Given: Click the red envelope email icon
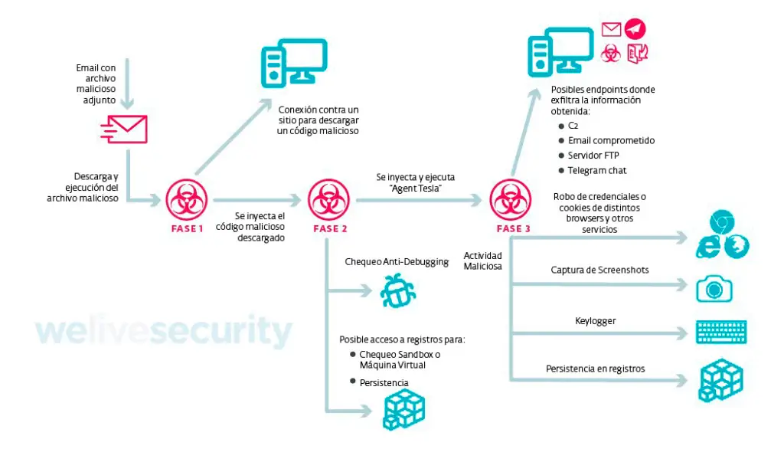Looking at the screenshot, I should click(124, 129).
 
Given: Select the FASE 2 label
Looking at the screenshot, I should click(329, 228).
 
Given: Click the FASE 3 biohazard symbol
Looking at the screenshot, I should click(511, 200).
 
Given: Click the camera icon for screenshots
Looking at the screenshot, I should click(714, 288).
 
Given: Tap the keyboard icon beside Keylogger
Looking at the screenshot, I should click(721, 333).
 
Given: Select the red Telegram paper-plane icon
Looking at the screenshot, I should click(635, 29).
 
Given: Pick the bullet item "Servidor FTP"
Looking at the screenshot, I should click(593, 156).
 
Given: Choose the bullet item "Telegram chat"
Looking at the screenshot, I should click(596, 170).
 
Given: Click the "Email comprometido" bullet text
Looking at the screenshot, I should click(611, 140).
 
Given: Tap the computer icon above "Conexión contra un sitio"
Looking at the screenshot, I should click(294, 61).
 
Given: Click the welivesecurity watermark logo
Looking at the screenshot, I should click(164, 331).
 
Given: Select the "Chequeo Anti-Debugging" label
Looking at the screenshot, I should click(397, 262).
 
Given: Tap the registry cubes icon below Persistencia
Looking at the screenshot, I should click(403, 410).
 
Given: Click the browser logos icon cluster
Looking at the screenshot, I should click(722, 237).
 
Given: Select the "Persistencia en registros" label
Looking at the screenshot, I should click(595, 369).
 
